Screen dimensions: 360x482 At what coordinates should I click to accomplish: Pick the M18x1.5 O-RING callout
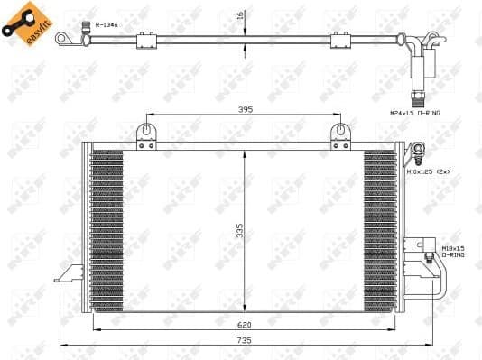point(453,250)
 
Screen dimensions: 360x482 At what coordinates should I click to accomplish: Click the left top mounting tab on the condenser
point(145,134)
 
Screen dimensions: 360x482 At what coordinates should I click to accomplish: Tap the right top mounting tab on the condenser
point(340,134)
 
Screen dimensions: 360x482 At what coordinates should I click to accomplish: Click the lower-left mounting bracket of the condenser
point(69,274)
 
